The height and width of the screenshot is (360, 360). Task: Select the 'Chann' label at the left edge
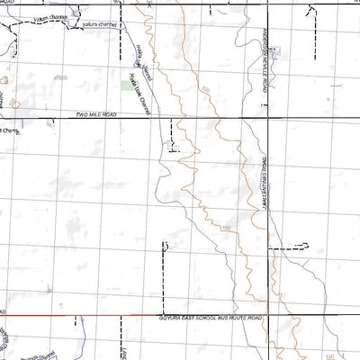[x=11, y=130]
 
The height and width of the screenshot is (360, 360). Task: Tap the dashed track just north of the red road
[x=164, y=279]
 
